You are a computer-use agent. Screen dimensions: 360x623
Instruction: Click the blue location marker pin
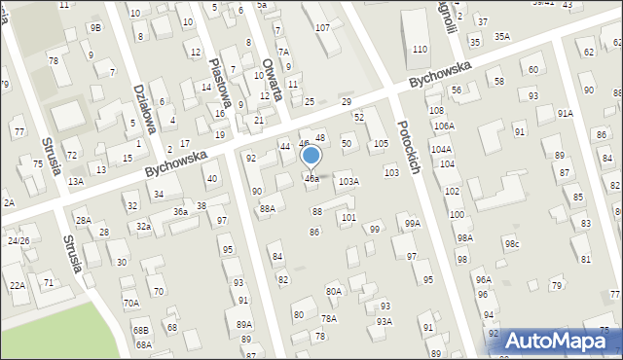311,156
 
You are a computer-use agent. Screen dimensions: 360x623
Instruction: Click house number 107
322,26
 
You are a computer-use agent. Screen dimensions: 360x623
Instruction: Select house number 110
420,49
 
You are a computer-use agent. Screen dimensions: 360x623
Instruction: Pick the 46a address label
311,179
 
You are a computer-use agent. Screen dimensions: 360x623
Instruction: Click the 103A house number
348,182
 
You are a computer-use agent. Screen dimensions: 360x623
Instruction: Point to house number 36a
180,211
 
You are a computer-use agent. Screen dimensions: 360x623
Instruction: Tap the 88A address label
267,208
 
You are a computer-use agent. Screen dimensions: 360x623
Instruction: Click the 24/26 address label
18,239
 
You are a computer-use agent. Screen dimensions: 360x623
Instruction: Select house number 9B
94,27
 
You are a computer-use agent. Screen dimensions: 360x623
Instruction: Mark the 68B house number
142,331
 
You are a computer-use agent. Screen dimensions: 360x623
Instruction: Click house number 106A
444,126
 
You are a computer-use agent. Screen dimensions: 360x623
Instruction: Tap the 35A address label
501,36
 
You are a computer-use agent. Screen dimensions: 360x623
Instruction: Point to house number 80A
334,291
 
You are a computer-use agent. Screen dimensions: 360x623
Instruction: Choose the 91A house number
565,113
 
